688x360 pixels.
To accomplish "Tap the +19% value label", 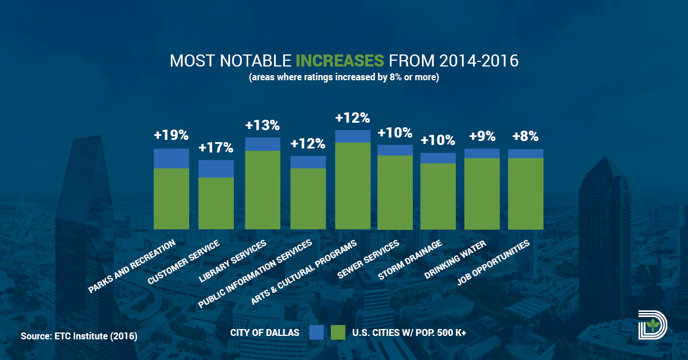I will click(171, 136).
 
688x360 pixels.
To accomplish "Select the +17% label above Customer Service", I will click(216, 148).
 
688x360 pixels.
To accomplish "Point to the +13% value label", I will click(262, 125).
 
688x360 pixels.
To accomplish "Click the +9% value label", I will click(482, 136).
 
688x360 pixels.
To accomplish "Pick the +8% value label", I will click(525, 136).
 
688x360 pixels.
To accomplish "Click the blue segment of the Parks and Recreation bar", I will click(171, 158).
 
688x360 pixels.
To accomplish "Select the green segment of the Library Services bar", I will click(263, 189).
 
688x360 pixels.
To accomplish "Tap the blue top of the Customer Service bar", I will click(216, 169).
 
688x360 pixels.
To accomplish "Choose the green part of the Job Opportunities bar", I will click(525, 193).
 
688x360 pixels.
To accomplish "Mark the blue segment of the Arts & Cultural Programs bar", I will click(353, 136).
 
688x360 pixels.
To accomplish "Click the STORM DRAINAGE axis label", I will click(411, 261).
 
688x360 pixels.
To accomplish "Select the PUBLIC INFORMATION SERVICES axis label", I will click(256, 274).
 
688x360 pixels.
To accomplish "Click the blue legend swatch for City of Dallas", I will click(316, 332).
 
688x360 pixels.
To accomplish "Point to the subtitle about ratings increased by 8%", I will click(344, 77).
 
